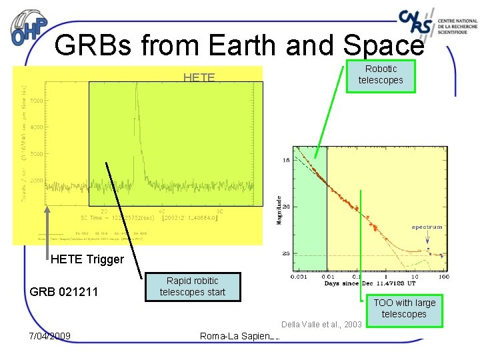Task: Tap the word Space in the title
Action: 383,45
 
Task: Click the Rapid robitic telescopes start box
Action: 192,287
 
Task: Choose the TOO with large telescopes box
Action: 404,309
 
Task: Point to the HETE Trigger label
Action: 87,259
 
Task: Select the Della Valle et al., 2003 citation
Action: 321,325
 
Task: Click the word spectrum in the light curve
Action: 427,227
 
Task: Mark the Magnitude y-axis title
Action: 280,209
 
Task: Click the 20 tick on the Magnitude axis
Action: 286,207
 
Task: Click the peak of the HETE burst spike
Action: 136,85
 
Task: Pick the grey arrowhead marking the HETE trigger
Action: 47,211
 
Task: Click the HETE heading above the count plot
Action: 199,77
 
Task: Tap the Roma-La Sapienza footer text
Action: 239,335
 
